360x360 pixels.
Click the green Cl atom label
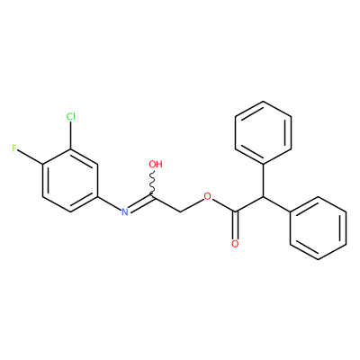71,116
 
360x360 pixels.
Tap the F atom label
14,148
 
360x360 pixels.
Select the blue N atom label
125,211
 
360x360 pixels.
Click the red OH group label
156,164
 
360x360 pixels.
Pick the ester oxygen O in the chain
207,196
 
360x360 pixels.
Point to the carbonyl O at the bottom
235,244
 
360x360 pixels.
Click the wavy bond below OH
153,183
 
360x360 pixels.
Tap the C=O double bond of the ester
235,225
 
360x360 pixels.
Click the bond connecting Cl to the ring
71,135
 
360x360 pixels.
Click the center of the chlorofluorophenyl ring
70,181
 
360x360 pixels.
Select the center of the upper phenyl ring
263,132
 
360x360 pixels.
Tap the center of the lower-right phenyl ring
319,228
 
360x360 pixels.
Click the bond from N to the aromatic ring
110,202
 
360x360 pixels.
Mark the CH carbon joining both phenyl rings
263,197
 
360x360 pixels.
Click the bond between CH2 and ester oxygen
192,205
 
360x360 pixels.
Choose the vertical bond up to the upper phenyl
263,181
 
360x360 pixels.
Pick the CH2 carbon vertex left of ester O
181,212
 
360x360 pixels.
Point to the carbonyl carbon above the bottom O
236,212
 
